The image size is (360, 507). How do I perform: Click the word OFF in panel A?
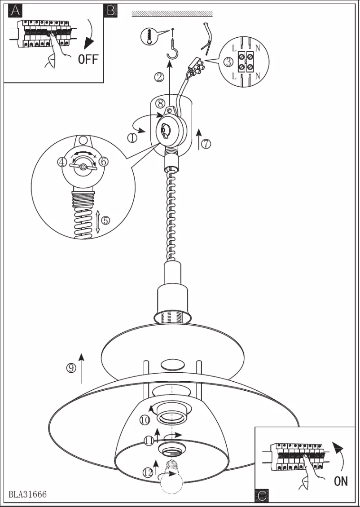88,59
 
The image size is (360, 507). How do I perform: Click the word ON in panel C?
341,481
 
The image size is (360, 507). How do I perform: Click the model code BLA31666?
27,494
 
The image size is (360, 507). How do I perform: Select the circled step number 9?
71,368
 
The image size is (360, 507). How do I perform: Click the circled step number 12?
148,472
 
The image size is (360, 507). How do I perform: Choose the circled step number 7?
206,144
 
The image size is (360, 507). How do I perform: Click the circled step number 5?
105,220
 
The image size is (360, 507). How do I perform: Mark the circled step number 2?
159,77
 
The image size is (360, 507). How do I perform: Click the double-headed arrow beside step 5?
97,221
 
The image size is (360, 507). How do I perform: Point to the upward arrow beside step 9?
81,368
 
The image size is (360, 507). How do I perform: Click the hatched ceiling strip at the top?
172,14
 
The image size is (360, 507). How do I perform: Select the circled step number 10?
144,420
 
